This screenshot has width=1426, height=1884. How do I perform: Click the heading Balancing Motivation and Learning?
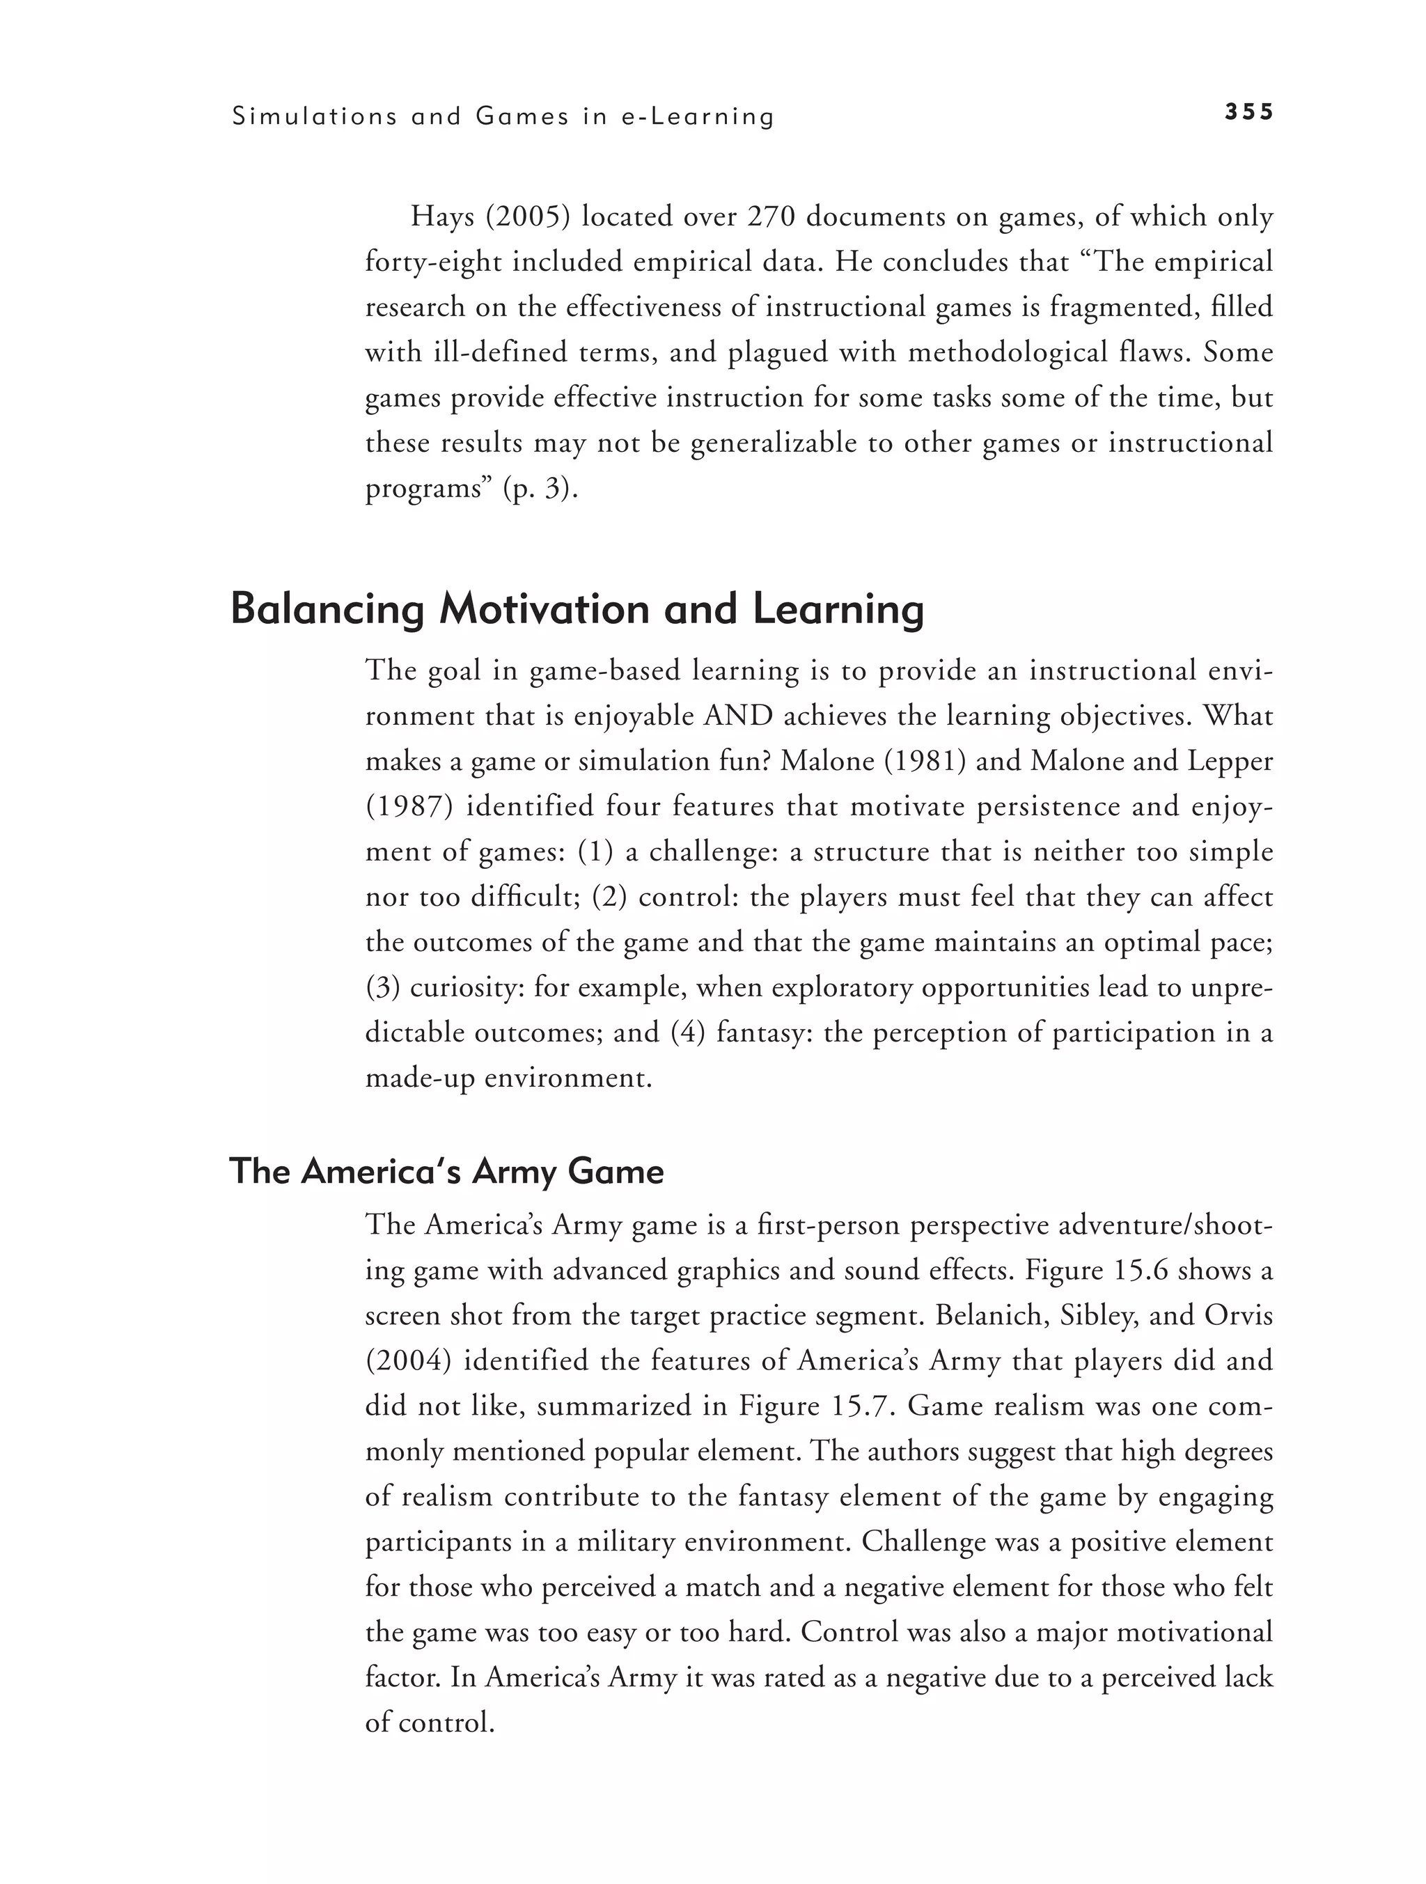[577, 609]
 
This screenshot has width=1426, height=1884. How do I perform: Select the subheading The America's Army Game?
[446, 1171]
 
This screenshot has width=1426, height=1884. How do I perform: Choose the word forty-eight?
[432, 262]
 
